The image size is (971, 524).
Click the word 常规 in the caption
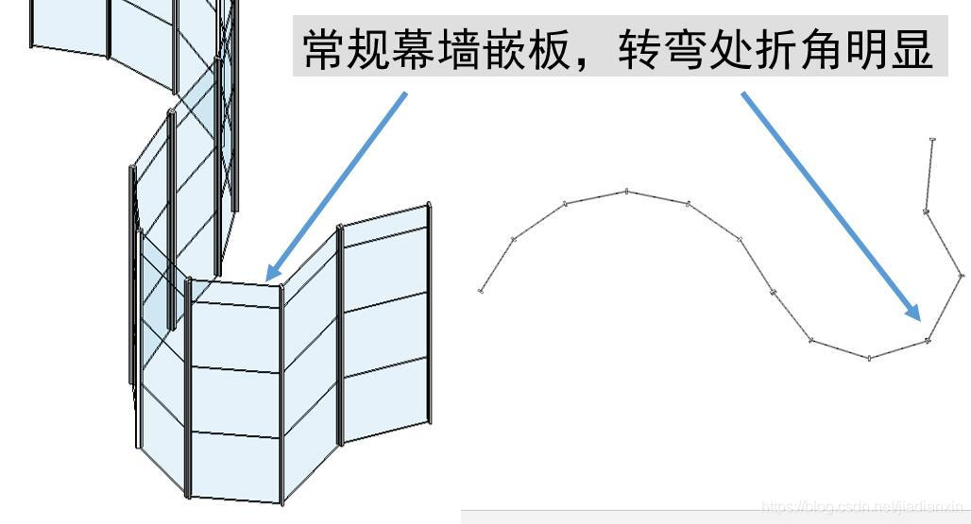(347, 50)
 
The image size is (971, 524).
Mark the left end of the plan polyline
(482, 291)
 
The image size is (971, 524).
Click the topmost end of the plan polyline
(932, 140)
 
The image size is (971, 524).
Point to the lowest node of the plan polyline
(869, 358)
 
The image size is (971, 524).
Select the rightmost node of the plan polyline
(962, 275)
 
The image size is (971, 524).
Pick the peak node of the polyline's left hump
(626, 192)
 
